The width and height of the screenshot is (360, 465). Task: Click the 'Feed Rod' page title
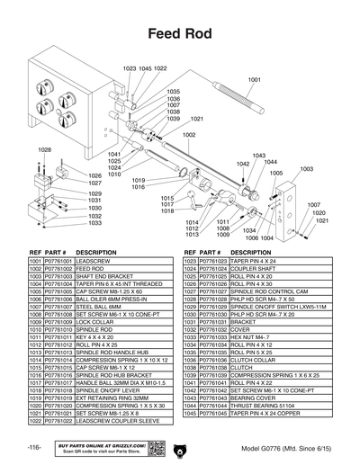tap(179, 34)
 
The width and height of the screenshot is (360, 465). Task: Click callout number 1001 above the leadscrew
tap(254, 80)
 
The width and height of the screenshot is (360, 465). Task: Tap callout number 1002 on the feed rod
tap(189, 135)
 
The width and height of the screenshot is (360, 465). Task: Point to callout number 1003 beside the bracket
tap(306, 168)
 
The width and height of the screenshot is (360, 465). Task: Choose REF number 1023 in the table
tap(190, 260)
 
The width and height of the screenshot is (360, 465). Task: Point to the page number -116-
tap(33, 448)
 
